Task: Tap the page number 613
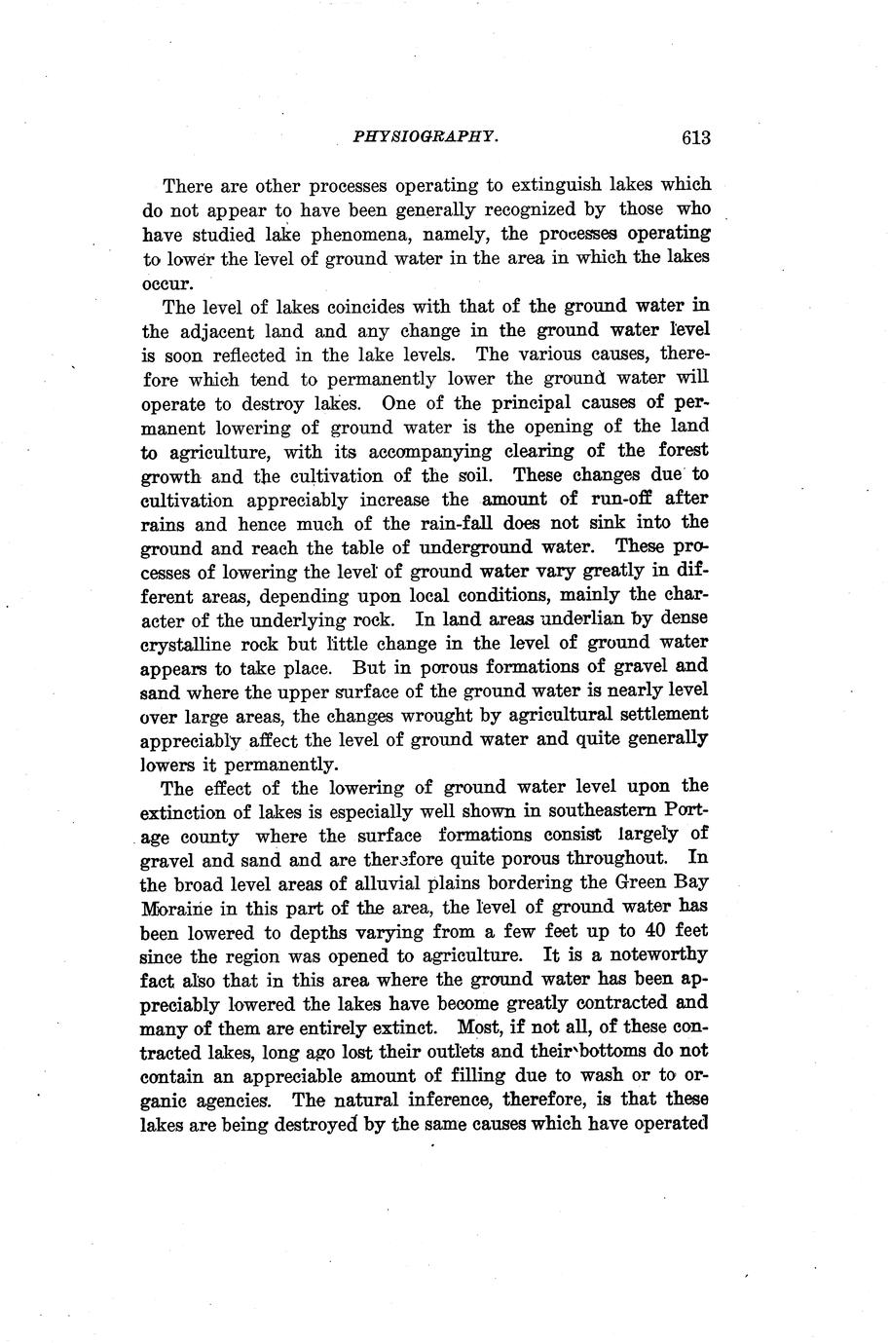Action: point(696,137)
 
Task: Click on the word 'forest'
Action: point(681,450)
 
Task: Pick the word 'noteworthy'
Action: point(651,954)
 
